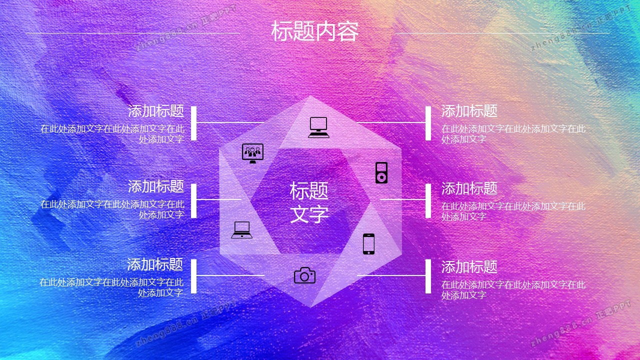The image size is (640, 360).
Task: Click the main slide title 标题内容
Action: pyautogui.click(x=314, y=31)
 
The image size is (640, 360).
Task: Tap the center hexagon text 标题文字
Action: pyautogui.click(x=309, y=202)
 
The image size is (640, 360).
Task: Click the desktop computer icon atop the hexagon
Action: pyautogui.click(x=318, y=127)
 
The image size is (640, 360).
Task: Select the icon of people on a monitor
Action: pyautogui.click(x=252, y=153)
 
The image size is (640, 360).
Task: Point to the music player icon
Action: pyautogui.click(x=381, y=172)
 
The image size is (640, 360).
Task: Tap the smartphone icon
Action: pyautogui.click(x=368, y=244)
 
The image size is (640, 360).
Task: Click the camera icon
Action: pyautogui.click(x=304, y=275)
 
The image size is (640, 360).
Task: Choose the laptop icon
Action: pyautogui.click(x=241, y=230)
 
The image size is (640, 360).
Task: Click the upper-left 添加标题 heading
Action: pyautogui.click(x=155, y=111)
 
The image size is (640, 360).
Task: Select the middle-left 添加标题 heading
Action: pyautogui.click(x=155, y=186)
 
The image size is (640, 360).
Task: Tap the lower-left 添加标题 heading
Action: pyautogui.click(x=155, y=264)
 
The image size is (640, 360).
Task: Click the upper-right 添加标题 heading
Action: pyautogui.click(x=469, y=111)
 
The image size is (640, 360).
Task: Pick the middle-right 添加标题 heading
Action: pyautogui.click(x=469, y=188)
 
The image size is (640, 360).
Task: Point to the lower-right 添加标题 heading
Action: pyautogui.click(x=469, y=267)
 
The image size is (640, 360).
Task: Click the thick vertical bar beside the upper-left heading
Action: pyautogui.click(x=193, y=123)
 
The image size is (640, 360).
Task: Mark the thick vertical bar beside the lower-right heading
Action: pyautogui.click(x=428, y=276)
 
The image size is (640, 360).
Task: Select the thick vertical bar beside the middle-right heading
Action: pyautogui.click(x=428, y=201)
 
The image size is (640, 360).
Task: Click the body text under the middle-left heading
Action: pyautogui.click(x=112, y=209)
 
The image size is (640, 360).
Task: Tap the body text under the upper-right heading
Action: pyautogui.click(x=513, y=134)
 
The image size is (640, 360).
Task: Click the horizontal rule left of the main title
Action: pyautogui.click(x=133, y=33)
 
